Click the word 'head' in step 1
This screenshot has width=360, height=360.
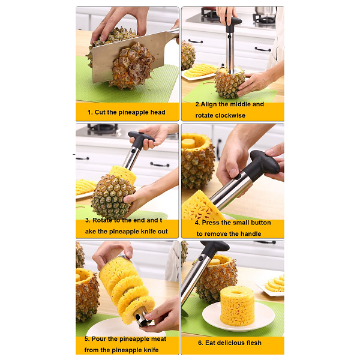(157, 112)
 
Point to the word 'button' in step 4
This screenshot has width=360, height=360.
(261, 223)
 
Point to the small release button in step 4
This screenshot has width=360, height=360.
(238, 177)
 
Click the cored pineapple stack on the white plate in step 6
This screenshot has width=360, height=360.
(238, 305)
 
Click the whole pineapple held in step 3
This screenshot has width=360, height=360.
(113, 196)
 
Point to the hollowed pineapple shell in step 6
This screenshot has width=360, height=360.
(216, 278)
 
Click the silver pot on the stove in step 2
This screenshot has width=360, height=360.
(266, 11)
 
